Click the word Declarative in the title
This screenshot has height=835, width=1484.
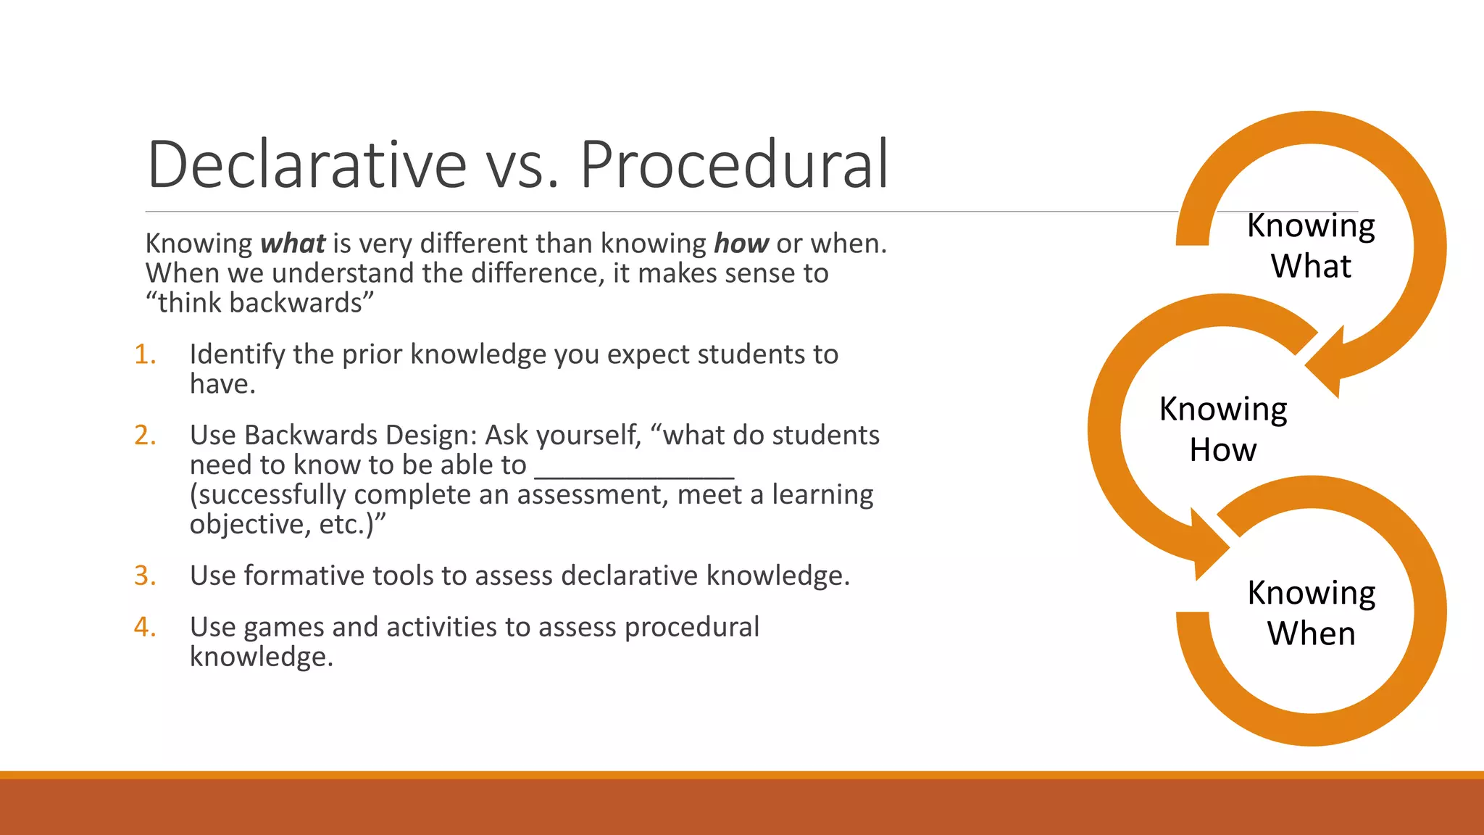click(x=307, y=165)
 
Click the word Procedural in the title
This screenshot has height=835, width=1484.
click(x=733, y=165)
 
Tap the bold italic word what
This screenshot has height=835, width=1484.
click(x=293, y=244)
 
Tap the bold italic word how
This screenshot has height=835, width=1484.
click(x=741, y=244)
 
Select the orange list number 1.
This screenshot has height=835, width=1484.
click(x=144, y=354)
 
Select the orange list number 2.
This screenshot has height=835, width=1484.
click(x=144, y=435)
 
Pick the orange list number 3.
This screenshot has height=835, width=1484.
click(x=144, y=576)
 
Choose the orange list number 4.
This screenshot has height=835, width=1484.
click(x=144, y=627)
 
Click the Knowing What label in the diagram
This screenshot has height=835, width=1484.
click(x=1310, y=246)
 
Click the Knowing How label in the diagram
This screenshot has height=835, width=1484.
click(x=1222, y=429)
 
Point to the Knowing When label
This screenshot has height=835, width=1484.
click(x=1310, y=613)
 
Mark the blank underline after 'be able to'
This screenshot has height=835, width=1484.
click(x=634, y=475)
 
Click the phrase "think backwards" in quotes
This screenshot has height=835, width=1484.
click(x=259, y=303)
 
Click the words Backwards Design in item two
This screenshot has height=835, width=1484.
click(x=360, y=435)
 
